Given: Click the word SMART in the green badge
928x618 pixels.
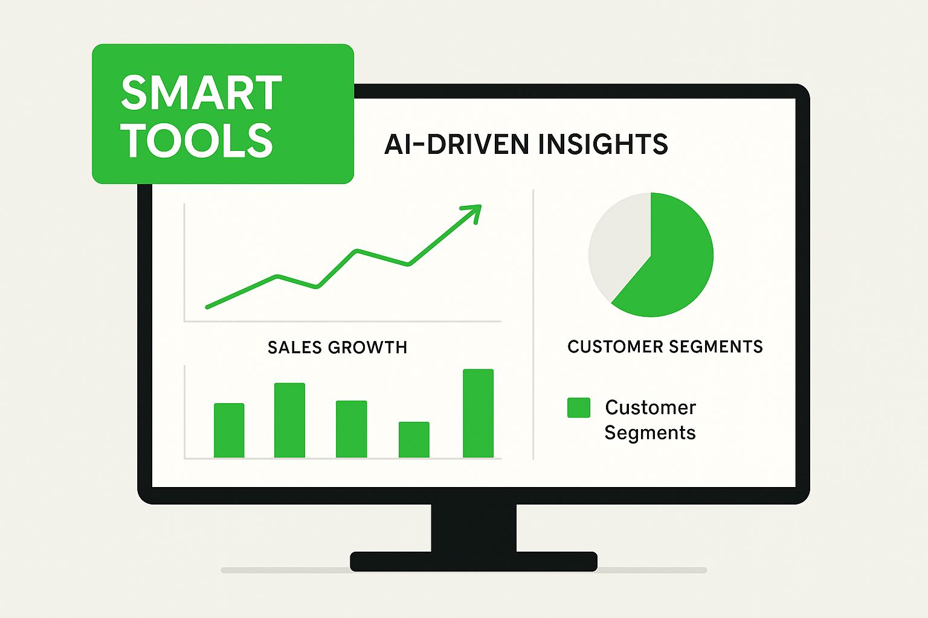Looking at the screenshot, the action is click(x=201, y=92).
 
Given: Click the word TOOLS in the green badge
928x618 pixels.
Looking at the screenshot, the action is click(x=197, y=141).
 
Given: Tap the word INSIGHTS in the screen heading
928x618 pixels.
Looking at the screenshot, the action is click(x=603, y=144).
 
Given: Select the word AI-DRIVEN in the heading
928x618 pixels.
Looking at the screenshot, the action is click(x=457, y=144).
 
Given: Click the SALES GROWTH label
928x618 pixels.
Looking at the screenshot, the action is click(x=337, y=347).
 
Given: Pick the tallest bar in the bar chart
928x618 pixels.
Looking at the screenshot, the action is click(x=478, y=413).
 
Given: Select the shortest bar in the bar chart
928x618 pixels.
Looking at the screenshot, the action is click(x=414, y=439).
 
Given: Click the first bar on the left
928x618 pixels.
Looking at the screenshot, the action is click(x=229, y=430).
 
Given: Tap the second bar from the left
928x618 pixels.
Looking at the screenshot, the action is click(x=289, y=420).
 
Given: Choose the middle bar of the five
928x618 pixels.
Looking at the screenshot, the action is click(x=351, y=429).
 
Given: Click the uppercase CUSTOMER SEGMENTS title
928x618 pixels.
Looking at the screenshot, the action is click(x=665, y=346).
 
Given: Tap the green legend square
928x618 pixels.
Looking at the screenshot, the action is click(x=579, y=407).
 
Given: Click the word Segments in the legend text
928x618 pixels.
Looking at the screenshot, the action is click(x=649, y=433).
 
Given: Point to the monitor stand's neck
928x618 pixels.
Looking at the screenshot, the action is click(x=474, y=527).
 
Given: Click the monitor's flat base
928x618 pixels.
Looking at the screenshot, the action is click(x=474, y=561).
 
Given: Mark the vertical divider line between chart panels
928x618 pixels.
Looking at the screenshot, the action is click(x=533, y=325).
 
